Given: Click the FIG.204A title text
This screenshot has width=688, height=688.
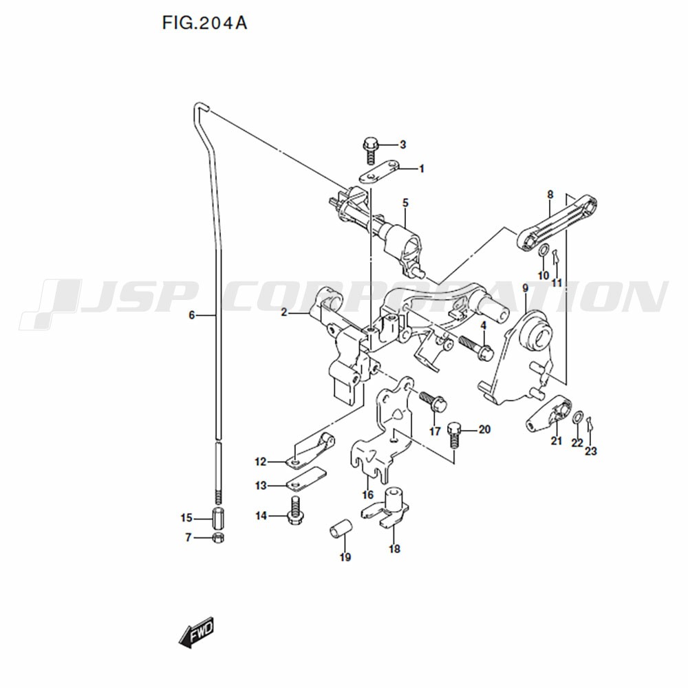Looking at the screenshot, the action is click(x=204, y=23).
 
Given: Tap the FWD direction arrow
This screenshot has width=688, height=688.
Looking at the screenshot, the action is click(x=197, y=632).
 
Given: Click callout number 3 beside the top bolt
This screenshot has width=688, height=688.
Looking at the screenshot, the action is click(x=402, y=144).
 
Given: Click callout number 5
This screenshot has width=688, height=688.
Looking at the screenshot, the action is click(x=405, y=203).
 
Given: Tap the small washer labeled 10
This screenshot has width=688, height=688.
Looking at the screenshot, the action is click(x=543, y=251).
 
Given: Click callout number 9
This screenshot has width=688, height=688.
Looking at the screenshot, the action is click(x=525, y=289).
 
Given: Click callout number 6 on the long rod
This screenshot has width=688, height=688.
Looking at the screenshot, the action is click(x=191, y=315).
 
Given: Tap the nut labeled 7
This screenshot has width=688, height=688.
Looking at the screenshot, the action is click(x=218, y=538).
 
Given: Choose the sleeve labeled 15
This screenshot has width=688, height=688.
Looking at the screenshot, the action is click(x=218, y=518).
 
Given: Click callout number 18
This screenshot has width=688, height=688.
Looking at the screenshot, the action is click(x=394, y=548).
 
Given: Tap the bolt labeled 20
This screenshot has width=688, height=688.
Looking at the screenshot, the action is click(x=454, y=435).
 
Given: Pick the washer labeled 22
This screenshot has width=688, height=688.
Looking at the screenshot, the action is click(x=579, y=418).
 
